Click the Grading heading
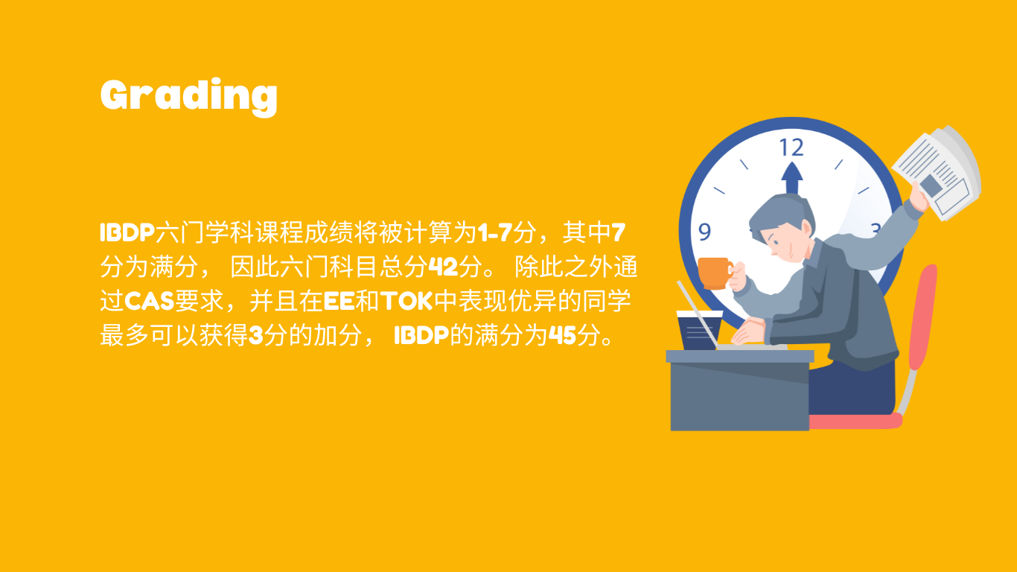(x=188, y=97)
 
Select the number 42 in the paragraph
(x=444, y=267)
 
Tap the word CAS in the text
(x=150, y=301)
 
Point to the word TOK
(x=407, y=301)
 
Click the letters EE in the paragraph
(x=339, y=301)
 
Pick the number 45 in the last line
(x=563, y=336)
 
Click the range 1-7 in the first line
(x=495, y=232)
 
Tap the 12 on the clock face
(x=791, y=147)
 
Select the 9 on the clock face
(x=704, y=232)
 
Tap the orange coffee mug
(x=715, y=273)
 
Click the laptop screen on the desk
(x=698, y=314)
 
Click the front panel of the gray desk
(x=739, y=396)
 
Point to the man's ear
(x=806, y=229)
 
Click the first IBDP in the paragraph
(x=127, y=232)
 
